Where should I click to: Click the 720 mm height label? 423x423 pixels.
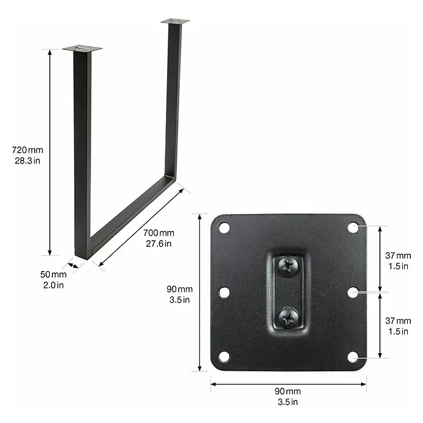click(27, 150)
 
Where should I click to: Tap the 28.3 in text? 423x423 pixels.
click(27, 161)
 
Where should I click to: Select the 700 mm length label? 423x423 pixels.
click(159, 233)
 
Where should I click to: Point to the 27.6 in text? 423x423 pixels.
click(159, 244)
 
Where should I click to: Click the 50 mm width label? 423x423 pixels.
click(53, 274)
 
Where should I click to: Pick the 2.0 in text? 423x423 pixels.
click(53, 285)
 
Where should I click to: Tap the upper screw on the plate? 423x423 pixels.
click(288, 266)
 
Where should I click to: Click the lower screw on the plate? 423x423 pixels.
click(288, 318)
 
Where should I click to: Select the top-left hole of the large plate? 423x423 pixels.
click(224, 228)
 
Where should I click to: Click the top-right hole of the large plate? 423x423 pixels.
click(353, 227)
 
